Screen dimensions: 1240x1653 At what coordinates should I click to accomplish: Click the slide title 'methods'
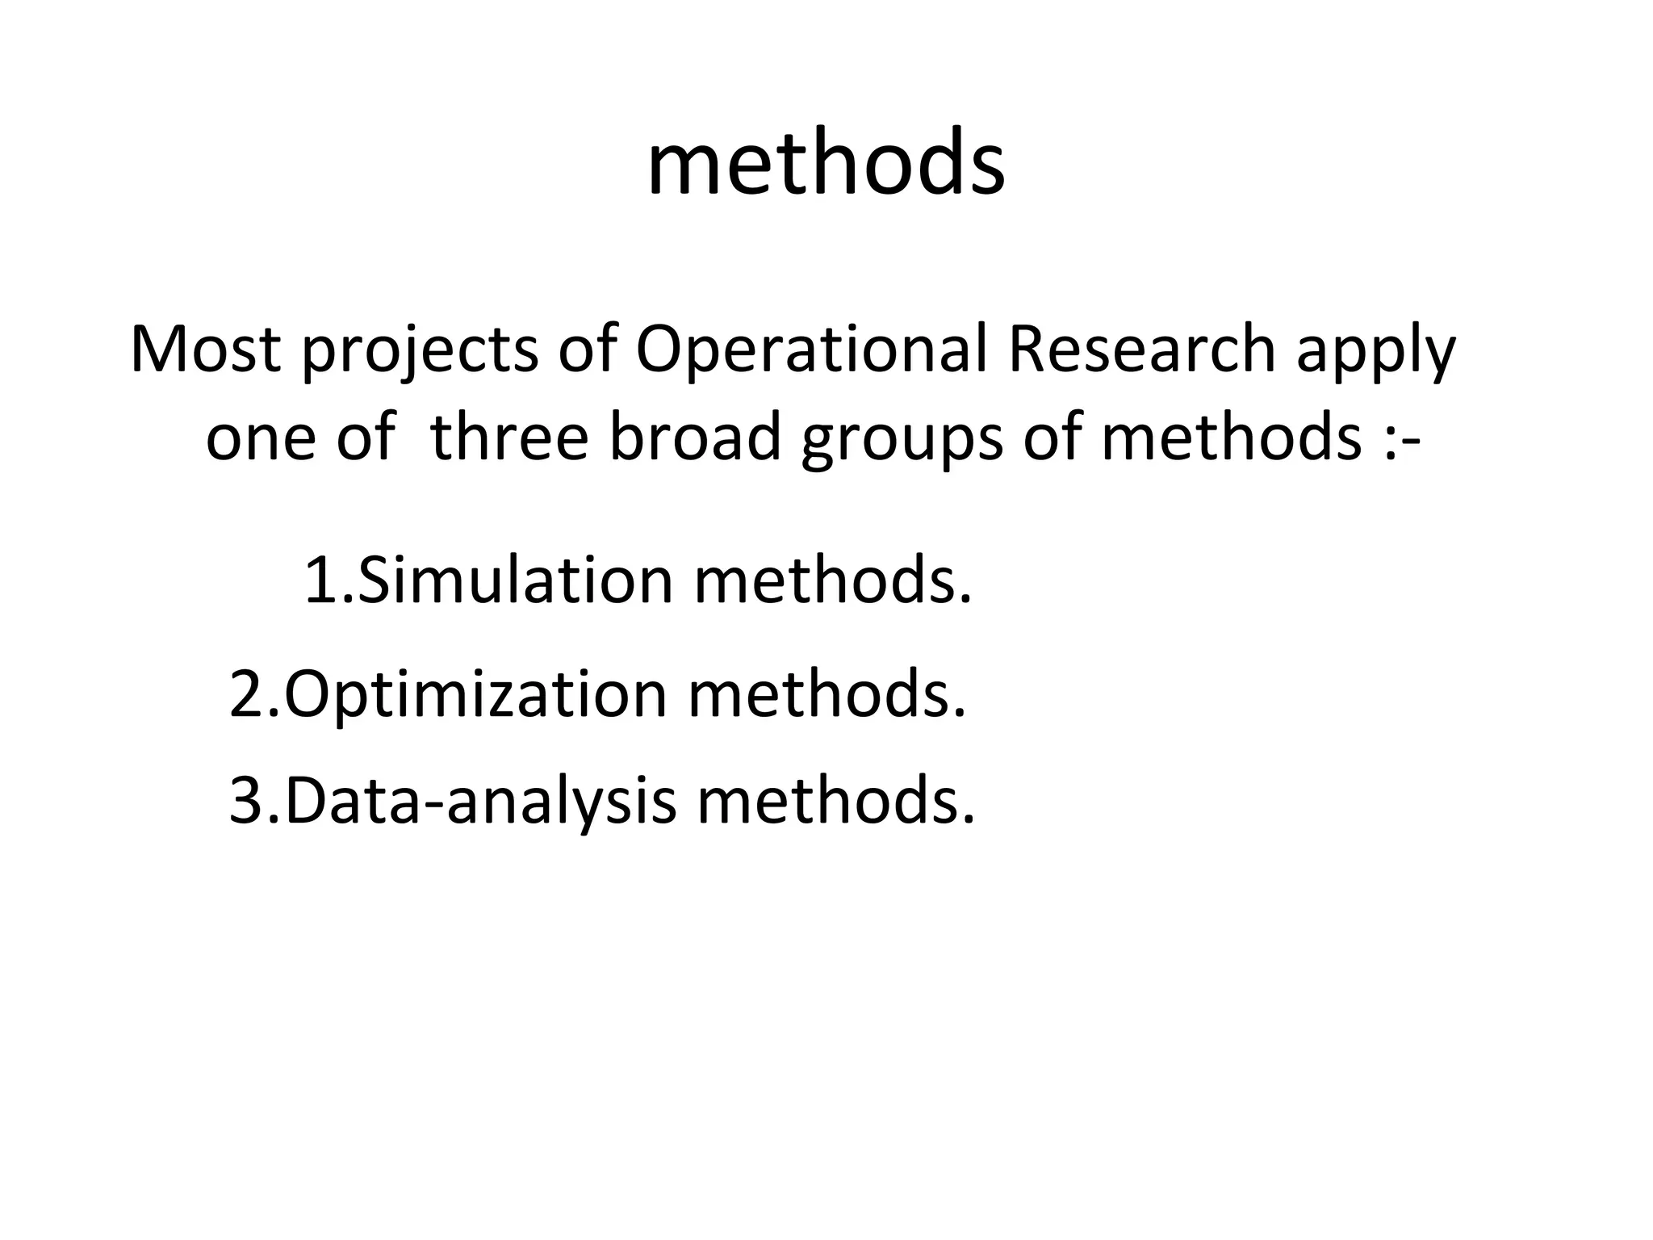826,165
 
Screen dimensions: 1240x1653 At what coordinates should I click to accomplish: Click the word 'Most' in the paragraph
205,350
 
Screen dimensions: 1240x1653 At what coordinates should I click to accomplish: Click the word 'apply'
1375,354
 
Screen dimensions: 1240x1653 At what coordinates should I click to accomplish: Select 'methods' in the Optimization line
826,694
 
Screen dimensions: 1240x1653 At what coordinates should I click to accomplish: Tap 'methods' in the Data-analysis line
836,801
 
